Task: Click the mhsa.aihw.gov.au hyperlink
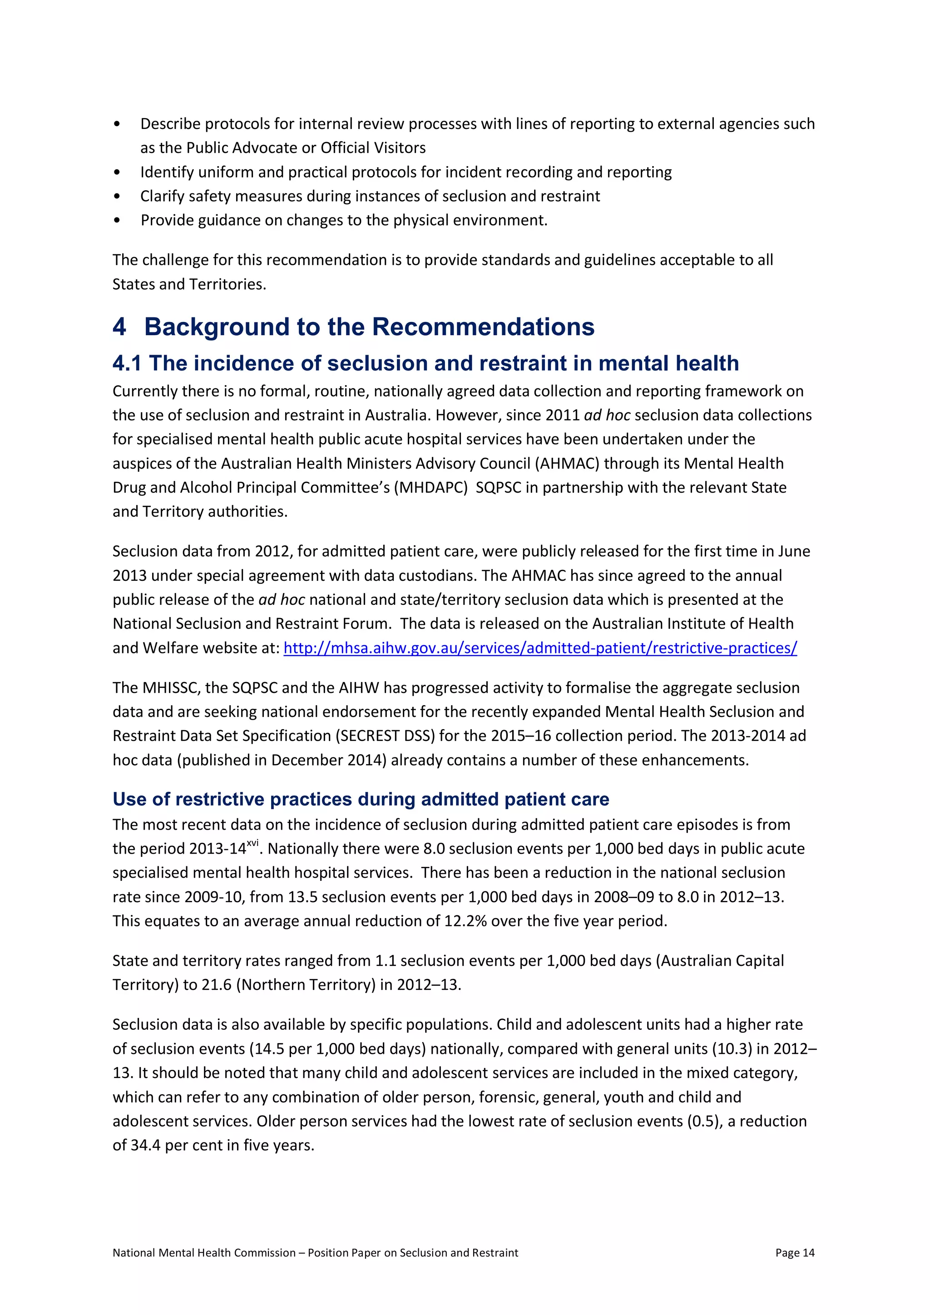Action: point(540,648)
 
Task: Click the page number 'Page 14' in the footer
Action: point(795,1253)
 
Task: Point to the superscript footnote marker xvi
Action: point(252,842)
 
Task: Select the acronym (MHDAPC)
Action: point(430,487)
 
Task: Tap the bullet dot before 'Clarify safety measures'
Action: point(118,197)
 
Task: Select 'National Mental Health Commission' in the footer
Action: point(204,1253)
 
